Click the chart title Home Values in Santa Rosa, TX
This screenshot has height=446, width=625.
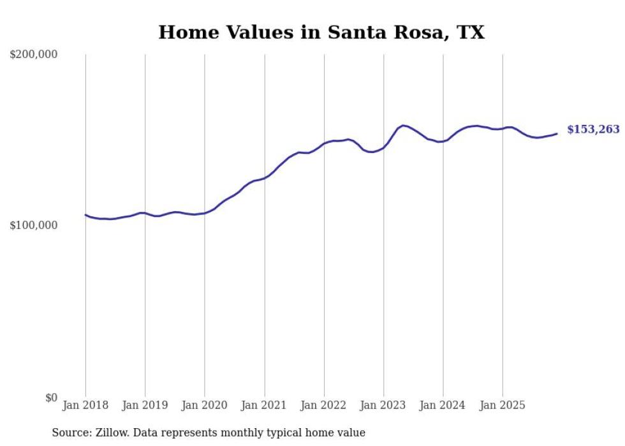321,33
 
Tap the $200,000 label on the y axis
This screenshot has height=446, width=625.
34,55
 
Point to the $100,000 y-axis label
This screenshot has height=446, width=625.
34,226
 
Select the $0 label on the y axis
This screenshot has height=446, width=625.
51,398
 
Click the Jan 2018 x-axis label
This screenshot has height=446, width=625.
85,405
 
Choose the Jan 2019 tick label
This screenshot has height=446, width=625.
145,405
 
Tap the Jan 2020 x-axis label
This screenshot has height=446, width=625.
205,405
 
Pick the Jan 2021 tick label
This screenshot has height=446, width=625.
264,405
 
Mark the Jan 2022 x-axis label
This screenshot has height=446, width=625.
324,405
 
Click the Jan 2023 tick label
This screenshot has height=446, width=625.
383,405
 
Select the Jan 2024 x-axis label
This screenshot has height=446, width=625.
443,405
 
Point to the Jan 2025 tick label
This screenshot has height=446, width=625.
503,405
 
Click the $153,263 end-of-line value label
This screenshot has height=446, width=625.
593,130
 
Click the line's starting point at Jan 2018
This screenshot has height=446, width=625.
85,215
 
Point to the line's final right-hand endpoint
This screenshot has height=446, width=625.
557,133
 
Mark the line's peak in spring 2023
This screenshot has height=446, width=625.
403,125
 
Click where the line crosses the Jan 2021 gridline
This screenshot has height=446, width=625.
264,178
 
